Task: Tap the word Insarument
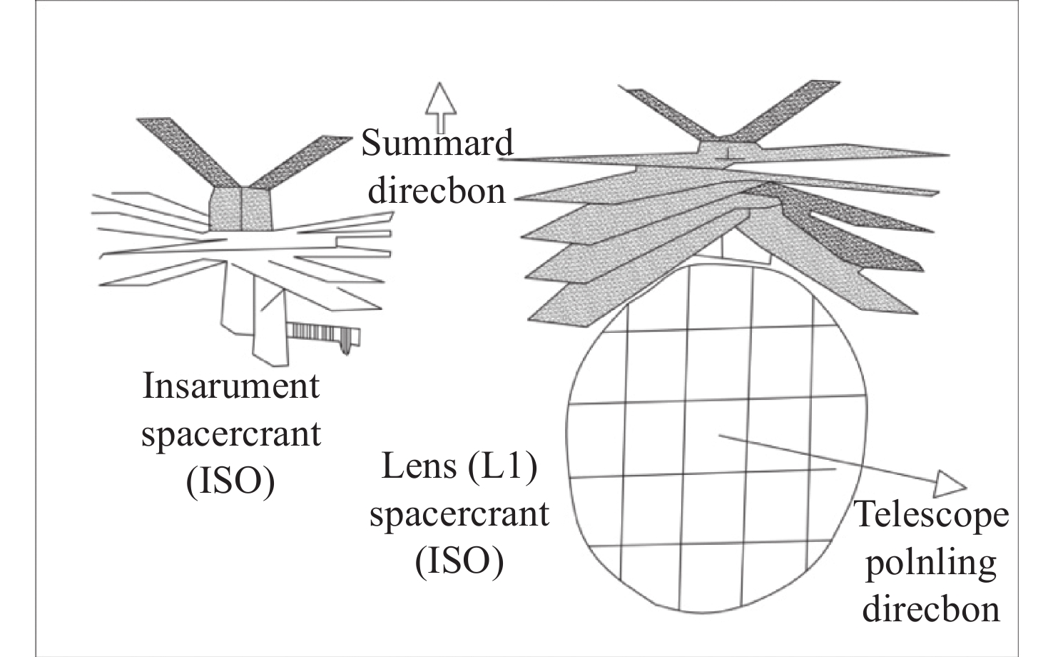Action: point(230,386)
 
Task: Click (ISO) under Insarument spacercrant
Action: point(230,482)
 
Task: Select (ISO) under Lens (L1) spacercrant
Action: point(459,561)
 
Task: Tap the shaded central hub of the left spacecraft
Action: point(241,209)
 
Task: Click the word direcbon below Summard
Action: point(436,191)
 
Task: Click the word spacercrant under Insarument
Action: point(230,434)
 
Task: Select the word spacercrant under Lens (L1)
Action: point(459,514)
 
